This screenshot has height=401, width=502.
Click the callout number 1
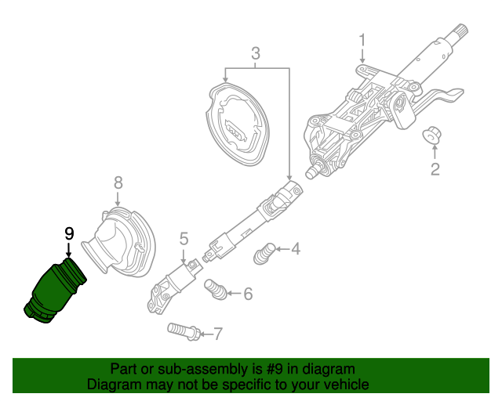(362, 40)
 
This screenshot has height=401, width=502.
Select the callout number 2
(433, 168)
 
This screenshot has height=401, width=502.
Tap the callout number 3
(255, 53)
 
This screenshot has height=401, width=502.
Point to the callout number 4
(295, 250)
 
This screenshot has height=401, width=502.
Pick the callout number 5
(184, 238)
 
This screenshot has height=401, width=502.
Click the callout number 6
(247, 294)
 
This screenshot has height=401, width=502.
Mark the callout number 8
(118, 182)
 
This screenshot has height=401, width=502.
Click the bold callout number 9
(69, 233)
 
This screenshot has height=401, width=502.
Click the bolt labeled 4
(265, 254)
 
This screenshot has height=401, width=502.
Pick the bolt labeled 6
(215, 290)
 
